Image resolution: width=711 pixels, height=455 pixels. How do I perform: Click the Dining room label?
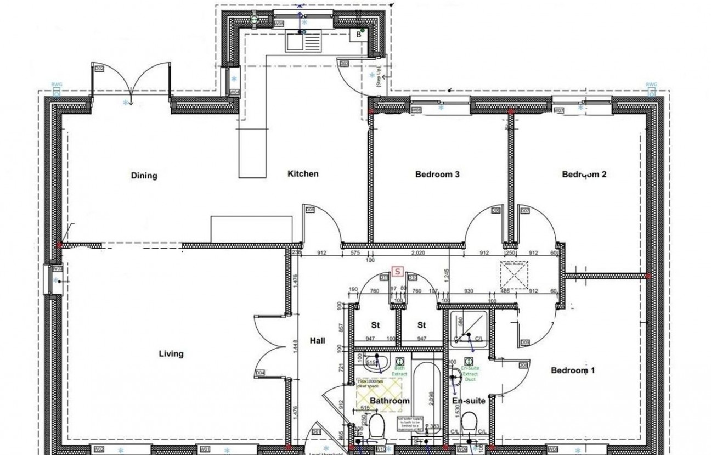pyautogui.click(x=144, y=176)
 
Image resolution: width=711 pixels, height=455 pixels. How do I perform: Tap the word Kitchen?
pyautogui.click(x=303, y=174)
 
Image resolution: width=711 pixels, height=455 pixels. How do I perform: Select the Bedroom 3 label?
pyautogui.click(x=437, y=175)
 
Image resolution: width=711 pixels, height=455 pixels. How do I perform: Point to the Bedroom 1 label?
pyautogui.click(x=573, y=371)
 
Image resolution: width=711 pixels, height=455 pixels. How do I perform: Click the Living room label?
pyautogui.click(x=171, y=354)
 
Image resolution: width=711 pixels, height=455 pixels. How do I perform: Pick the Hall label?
pyautogui.click(x=317, y=341)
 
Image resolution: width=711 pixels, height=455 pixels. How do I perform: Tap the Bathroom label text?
pyautogui.click(x=390, y=401)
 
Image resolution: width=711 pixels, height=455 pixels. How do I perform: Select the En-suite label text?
pyautogui.click(x=469, y=401)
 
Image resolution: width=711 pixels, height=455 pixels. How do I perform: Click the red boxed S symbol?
pyautogui.click(x=398, y=271)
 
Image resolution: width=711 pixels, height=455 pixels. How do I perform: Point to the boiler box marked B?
pyautogui.click(x=359, y=35)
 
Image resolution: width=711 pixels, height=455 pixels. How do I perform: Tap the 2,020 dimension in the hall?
pyautogui.click(x=418, y=253)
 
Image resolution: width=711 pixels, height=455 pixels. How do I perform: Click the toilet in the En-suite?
pyautogui.click(x=469, y=424)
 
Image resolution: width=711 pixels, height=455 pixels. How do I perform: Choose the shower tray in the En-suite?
pyautogui.click(x=469, y=329)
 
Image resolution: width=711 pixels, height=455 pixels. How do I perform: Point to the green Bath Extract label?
pyautogui.click(x=399, y=371)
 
